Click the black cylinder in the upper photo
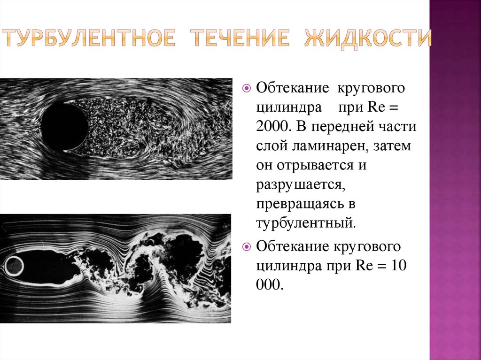pos(64,127)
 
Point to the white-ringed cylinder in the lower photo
pos(14,267)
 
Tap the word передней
pos(352,127)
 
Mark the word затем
pos(392,147)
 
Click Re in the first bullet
pos(376,107)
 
